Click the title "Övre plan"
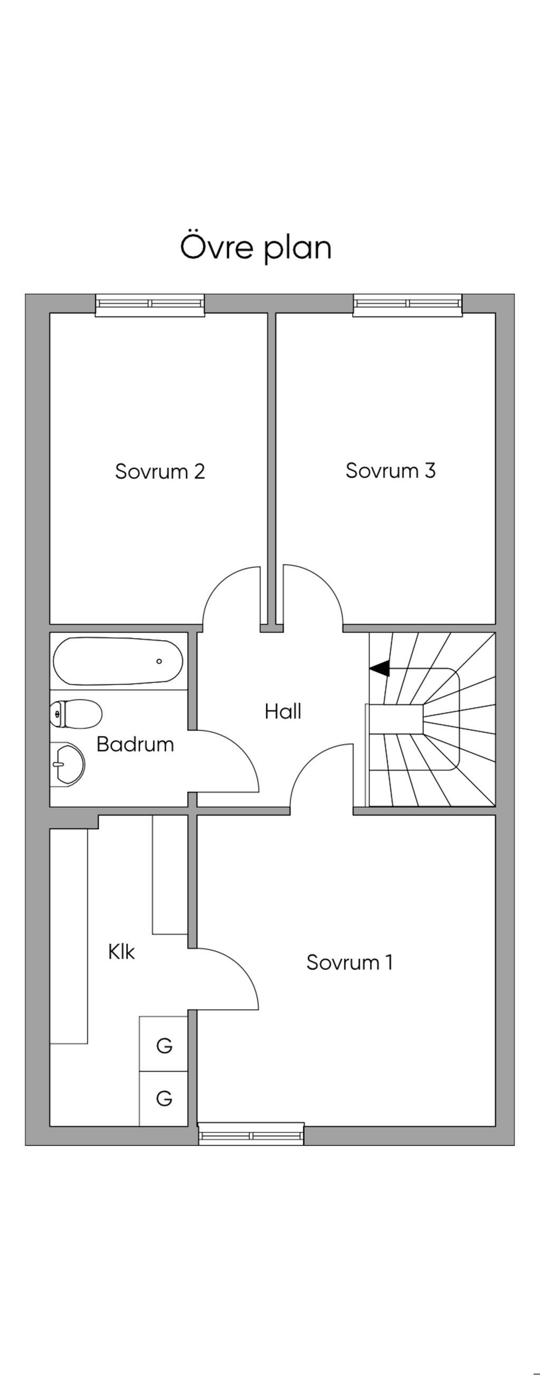256,247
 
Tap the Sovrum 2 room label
160,471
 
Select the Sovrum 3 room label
390,470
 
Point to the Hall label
283,712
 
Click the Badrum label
135,744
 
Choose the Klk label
121,952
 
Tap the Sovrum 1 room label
349,962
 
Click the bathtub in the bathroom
118,661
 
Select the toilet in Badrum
75,713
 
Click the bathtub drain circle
159,661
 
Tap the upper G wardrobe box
163,1045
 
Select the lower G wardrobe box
163,1098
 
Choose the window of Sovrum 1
251,1134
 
